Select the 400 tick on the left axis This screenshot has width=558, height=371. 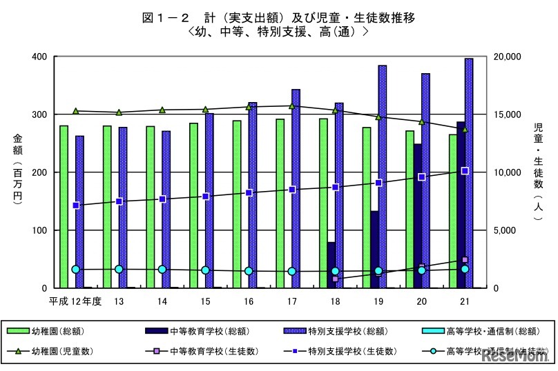click(x=40, y=57)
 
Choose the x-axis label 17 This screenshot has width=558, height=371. click(x=291, y=301)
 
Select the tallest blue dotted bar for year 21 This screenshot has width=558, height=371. click(x=469, y=172)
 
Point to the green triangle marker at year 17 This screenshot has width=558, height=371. click(x=291, y=106)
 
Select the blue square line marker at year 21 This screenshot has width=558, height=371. click(x=465, y=170)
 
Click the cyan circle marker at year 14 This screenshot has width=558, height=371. click(x=162, y=270)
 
